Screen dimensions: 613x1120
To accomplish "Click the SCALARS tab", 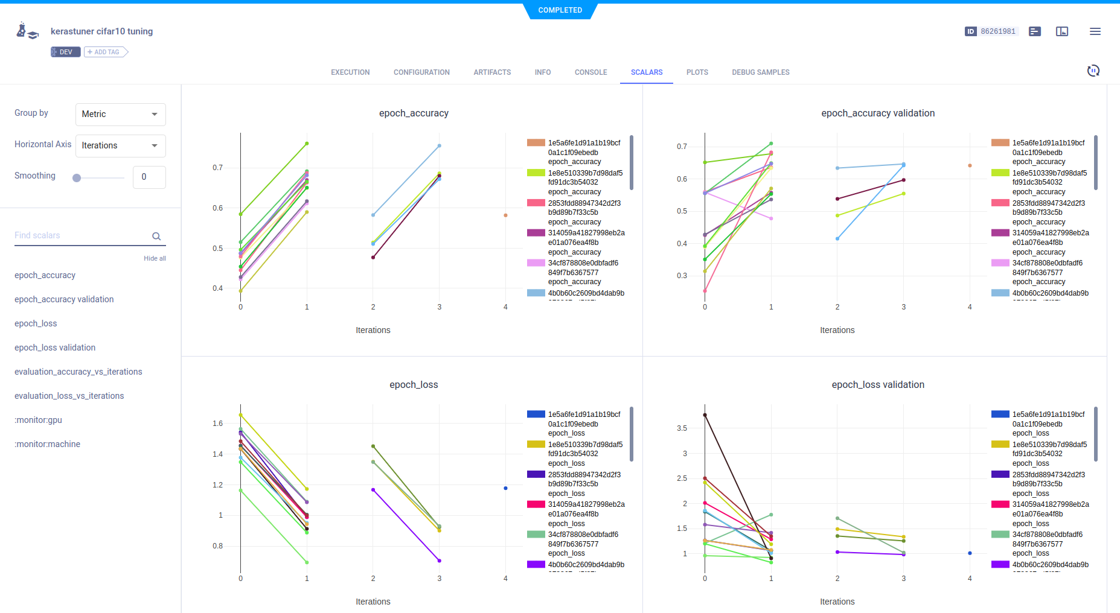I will (646, 72).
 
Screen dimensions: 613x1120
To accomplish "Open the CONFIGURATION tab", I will (421, 72).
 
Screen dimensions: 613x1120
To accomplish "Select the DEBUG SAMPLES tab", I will (760, 72).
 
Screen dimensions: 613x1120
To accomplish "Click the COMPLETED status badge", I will (560, 10).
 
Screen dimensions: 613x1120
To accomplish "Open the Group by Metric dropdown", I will (120, 114).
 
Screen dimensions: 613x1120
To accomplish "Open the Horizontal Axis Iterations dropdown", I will (120, 145).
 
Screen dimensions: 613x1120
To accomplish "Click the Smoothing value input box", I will (149, 177).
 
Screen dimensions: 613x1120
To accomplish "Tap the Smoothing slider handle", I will (77, 178).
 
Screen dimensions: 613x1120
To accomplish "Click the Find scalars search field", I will (82, 235).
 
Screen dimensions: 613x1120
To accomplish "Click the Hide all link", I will (155, 258).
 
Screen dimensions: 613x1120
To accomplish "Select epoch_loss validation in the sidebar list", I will (55, 348).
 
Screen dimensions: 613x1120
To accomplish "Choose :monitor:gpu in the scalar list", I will (38, 420).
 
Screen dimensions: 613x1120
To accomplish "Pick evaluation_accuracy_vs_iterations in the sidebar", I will (78, 372).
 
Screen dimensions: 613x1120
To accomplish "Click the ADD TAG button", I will (106, 52).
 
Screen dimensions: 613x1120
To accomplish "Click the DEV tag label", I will (65, 52).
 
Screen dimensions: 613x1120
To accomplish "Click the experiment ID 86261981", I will (997, 31).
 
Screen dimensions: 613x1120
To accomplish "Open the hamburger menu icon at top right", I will (1095, 31).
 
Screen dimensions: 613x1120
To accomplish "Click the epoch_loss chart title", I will (414, 385).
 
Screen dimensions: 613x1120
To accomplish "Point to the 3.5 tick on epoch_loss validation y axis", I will (682, 428).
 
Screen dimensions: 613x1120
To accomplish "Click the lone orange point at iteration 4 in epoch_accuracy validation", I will (970, 165).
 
